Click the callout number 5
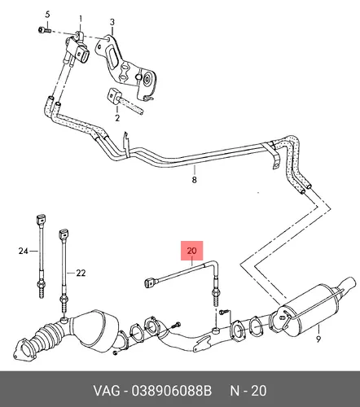pos(47,15)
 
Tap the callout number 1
pos(81,19)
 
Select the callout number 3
pos(112,22)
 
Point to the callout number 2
pos(117,118)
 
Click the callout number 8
pos(195,180)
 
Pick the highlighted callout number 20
pos(191,250)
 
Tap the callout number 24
pos(24,251)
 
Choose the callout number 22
pos(81,273)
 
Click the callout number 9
pos(318,339)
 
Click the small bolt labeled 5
pos(45,29)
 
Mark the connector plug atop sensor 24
pos(41,221)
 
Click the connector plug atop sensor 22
pos(64,235)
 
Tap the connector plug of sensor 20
pos(150,283)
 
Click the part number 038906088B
pos(172,391)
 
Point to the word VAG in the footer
pos(107,391)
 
